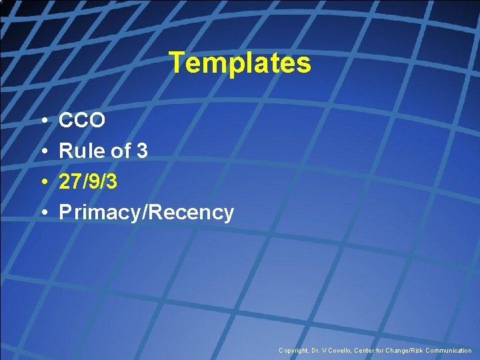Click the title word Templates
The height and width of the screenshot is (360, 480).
click(x=240, y=63)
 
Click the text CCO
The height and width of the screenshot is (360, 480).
click(x=82, y=121)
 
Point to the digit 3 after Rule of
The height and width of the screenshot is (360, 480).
click(x=141, y=151)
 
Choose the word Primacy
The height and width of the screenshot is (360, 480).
click(x=100, y=213)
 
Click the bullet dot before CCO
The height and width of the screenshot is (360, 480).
click(x=43, y=121)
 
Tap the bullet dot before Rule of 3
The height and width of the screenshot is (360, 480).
click(x=43, y=152)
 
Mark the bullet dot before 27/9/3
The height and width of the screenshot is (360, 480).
click(x=43, y=183)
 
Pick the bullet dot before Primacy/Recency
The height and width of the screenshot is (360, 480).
click(x=43, y=213)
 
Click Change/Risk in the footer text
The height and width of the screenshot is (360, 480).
click(x=404, y=351)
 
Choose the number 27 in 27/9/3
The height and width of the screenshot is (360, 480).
click(x=69, y=182)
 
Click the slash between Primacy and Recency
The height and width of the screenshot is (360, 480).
click(x=146, y=213)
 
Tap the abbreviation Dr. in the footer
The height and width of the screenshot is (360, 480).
click(x=317, y=351)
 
